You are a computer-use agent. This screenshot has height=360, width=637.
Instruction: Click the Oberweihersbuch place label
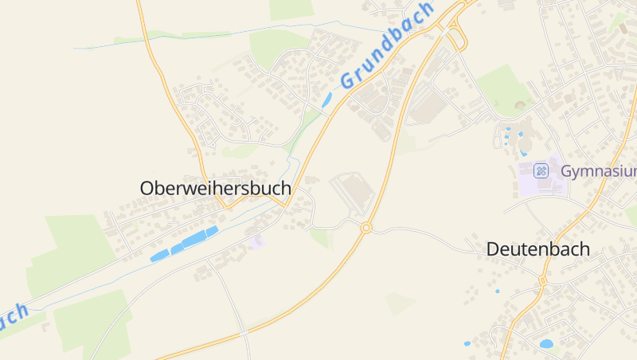[216, 189]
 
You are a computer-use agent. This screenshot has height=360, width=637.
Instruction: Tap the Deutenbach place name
[538, 249]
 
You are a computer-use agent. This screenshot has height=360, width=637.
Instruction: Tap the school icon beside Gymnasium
[541, 170]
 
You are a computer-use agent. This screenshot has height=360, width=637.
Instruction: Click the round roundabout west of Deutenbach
[366, 229]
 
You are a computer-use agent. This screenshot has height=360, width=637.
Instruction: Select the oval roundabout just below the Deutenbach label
[542, 280]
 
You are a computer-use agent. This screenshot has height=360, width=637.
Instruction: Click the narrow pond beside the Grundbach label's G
[326, 100]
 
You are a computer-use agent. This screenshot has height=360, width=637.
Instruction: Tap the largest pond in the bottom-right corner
[546, 344]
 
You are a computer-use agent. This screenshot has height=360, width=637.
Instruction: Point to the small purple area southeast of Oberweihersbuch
[256, 241]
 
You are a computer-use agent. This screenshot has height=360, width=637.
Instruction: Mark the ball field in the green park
[521, 104]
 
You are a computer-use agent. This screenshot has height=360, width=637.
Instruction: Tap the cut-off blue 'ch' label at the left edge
[14, 315]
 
